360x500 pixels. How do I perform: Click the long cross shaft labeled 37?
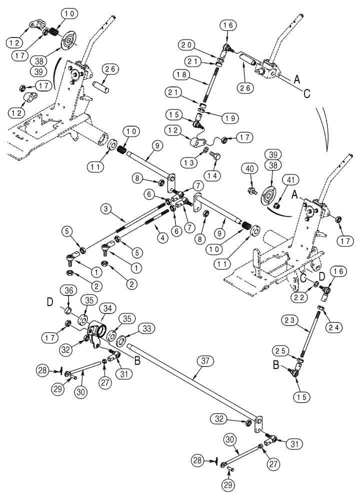pyautogui.click(x=190, y=380)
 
